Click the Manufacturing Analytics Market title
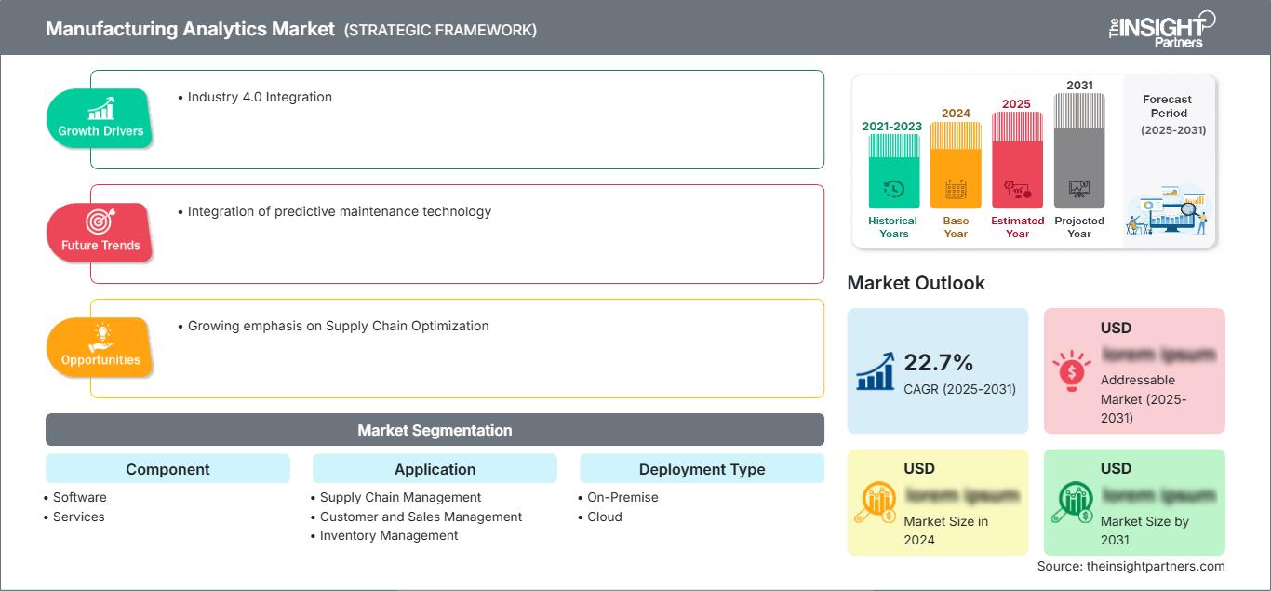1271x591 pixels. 190,29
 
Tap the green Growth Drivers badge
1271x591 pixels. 100,118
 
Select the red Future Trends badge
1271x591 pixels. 99,233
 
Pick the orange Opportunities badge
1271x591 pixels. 100,347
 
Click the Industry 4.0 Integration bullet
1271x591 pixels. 259,97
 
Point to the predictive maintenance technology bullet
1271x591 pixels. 339,211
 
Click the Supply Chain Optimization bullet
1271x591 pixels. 338,326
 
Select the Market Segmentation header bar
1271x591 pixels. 435,430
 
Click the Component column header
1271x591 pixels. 167,469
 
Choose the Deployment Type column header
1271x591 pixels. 702,469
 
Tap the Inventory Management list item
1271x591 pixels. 388,535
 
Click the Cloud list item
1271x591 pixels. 604,517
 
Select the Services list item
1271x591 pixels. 78,517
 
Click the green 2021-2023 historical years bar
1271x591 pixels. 893,172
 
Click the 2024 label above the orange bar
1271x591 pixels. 956,114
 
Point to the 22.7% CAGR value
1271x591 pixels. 939,362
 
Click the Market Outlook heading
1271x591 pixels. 916,283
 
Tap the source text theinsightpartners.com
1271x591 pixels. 1131,566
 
